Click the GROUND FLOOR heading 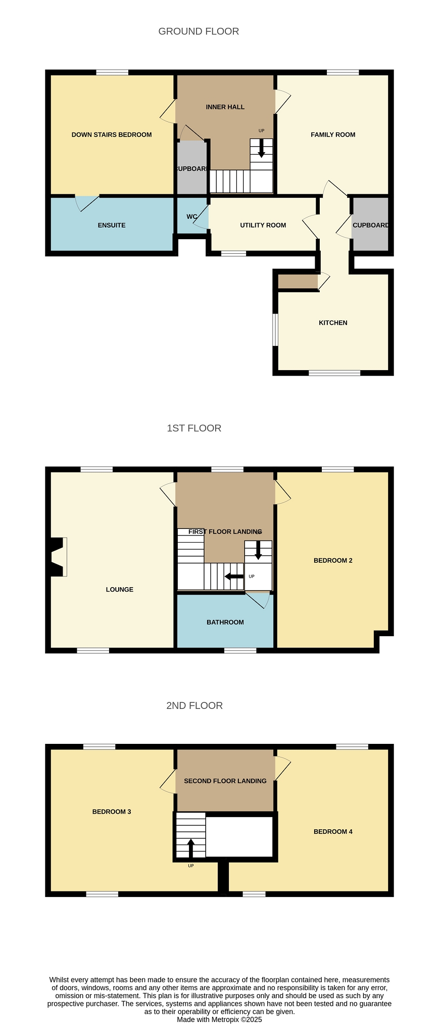pyautogui.click(x=199, y=31)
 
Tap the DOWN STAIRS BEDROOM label pyautogui.click(x=112, y=135)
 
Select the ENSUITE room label pyautogui.click(x=112, y=225)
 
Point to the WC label pyautogui.click(x=192, y=216)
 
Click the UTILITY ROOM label pyautogui.click(x=263, y=225)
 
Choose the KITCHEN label pyautogui.click(x=333, y=323)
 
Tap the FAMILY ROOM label pyautogui.click(x=333, y=135)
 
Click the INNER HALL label pyautogui.click(x=225, y=107)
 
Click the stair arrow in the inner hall pyautogui.click(x=261, y=148)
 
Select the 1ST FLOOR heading pyautogui.click(x=194, y=428)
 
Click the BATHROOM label pyautogui.click(x=225, y=622)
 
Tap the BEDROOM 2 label pyautogui.click(x=333, y=560)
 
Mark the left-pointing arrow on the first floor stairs pyautogui.click(x=234, y=576)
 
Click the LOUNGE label pyautogui.click(x=120, y=589)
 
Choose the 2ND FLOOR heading pyautogui.click(x=194, y=705)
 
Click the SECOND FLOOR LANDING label pyautogui.click(x=225, y=781)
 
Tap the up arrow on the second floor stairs pyautogui.click(x=191, y=849)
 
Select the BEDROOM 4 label pyautogui.click(x=333, y=831)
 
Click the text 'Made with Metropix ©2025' pyautogui.click(x=219, y=1019)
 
